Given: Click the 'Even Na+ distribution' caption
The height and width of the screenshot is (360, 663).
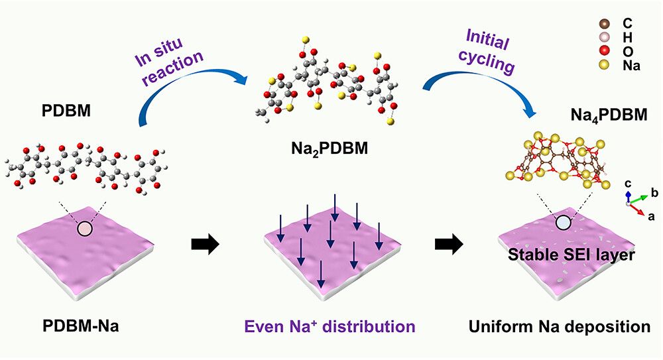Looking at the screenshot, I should (x=330, y=327).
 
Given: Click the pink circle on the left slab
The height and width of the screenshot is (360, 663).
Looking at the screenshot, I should (x=86, y=229).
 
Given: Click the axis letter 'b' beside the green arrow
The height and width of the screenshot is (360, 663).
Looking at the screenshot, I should (x=654, y=193).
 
